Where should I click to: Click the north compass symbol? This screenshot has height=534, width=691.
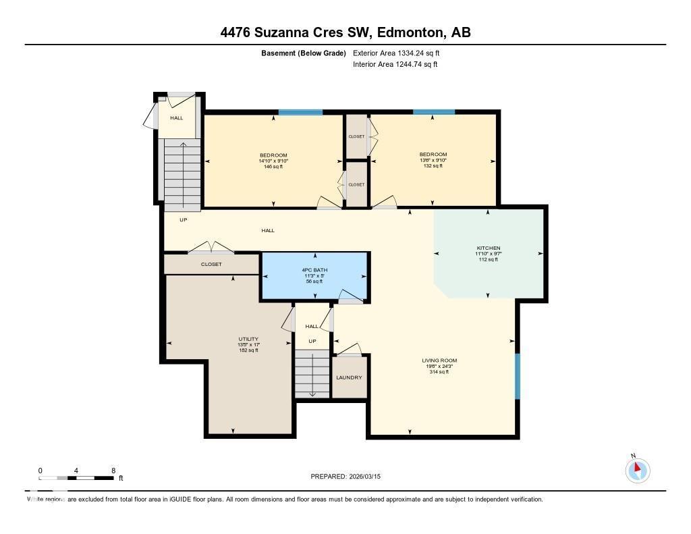click(638, 471)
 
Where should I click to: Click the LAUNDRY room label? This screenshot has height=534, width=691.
click(349, 377)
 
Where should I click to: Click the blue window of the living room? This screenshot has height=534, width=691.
click(517, 376)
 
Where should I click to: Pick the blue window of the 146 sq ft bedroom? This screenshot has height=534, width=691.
click(291, 112)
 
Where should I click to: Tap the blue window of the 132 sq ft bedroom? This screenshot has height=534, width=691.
click(433, 112)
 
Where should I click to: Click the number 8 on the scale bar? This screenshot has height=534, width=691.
click(113, 471)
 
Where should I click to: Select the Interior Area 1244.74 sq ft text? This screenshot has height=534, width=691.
click(395, 65)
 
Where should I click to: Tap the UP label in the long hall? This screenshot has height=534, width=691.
click(183, 220)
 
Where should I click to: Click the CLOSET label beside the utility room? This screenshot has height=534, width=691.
click(211, 264)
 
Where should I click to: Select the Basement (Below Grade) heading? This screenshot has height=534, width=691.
click(304, 53)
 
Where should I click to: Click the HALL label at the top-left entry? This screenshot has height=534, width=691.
click(176, 118)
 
